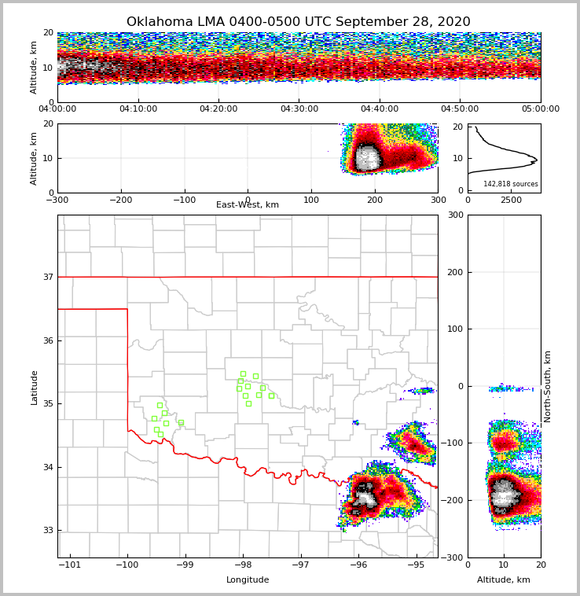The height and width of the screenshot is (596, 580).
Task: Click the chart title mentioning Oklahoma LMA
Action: tap(299, 22)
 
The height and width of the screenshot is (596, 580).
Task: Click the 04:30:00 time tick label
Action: tap(299, 109)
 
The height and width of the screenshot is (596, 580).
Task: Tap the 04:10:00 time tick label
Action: tap(138, 109)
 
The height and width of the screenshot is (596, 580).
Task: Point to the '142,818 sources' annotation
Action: tap(511, 184)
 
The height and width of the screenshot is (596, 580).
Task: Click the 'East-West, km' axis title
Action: tap(248, 205)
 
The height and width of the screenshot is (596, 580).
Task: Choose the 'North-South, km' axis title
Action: tap(548, 386)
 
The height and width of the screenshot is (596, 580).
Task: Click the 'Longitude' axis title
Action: tap(248, 580)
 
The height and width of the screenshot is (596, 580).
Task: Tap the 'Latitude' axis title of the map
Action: tap(34, 387)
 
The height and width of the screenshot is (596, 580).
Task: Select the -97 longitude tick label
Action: tap(300, 565)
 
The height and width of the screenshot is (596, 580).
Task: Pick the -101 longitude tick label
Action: tap(70, 565)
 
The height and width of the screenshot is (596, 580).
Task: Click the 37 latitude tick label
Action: tap(48, 277)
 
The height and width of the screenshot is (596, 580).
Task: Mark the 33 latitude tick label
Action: tap(48, 530)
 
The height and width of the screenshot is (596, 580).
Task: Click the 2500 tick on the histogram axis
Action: tap(511, 201)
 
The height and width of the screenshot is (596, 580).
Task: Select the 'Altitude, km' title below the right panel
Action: tap(504, 580)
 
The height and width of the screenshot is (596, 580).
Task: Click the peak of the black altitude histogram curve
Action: tap(537, 160)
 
